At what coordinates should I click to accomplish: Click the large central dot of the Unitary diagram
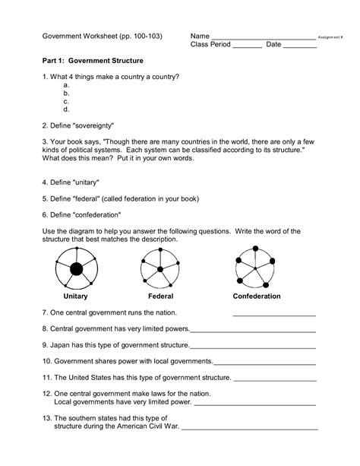click(x=75, y=268)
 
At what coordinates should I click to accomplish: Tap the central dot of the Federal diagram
click(x=161, y=268)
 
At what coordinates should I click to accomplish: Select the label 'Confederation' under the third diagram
click(x=257, y=296)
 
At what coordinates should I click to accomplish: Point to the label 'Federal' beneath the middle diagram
click(x=161, y=296)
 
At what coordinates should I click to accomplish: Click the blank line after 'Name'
click(x=263, y=39)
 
